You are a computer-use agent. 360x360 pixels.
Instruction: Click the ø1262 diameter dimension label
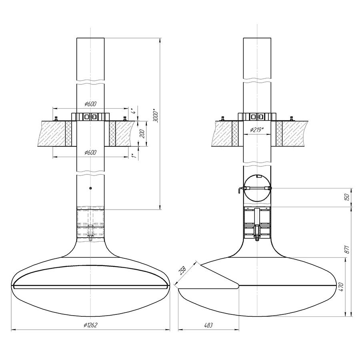91,325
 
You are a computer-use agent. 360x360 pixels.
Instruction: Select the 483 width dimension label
208,325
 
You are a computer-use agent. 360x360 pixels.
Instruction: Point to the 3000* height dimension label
156,117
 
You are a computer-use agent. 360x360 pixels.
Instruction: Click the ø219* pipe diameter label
257,130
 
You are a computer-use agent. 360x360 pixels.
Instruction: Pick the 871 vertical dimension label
347,249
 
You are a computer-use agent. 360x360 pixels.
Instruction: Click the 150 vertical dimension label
347,197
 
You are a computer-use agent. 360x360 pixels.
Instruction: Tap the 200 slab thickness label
142,134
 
